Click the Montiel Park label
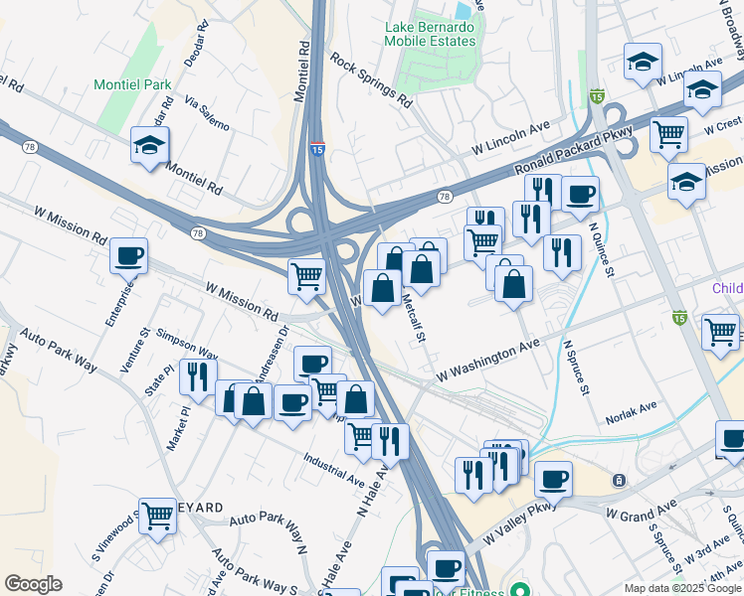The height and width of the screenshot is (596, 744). click(131, 85)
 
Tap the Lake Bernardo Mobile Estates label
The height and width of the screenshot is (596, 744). click(431, 34)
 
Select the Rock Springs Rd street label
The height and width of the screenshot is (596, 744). click(371, 79)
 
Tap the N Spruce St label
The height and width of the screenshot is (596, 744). click(575, 368)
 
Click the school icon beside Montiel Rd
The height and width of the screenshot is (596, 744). click(150, 146)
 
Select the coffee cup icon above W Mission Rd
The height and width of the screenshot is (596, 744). click(129, 255)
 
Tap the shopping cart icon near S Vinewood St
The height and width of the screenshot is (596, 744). click(157, 516)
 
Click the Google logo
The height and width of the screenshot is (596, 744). click(34, 584)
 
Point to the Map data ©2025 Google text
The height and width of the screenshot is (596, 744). click(682, 588)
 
